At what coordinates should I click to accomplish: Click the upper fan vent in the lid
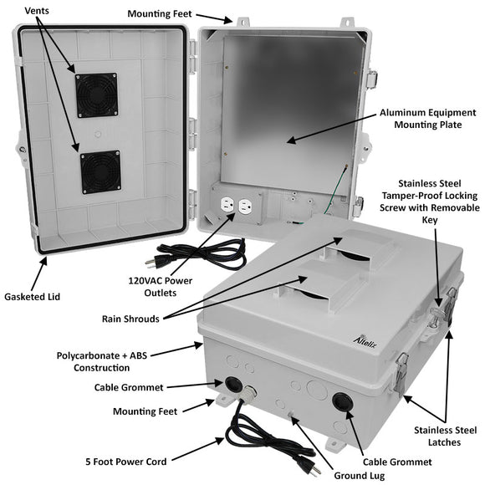96,95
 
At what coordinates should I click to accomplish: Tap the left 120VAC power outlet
226,206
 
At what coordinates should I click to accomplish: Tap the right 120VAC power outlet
245,205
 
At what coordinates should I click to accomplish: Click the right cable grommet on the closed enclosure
341,401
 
